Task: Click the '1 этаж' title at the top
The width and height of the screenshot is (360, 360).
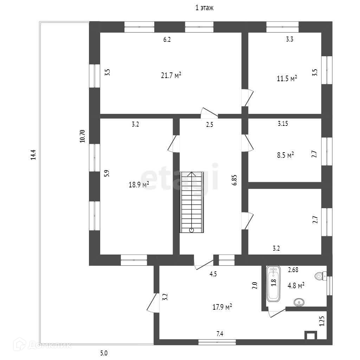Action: (x=204, y=8)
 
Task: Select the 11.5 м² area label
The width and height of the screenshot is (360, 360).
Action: (x=287, y=78)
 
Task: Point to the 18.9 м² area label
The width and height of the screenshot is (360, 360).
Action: (x=139, y=185)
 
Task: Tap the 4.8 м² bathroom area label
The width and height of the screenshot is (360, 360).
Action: (x=296, y=285)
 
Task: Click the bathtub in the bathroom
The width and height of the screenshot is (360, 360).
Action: (x=273, y=284)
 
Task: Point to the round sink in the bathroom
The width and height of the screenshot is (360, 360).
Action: (x=299, y=302)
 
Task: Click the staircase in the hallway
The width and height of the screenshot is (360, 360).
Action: (x=192, y=202)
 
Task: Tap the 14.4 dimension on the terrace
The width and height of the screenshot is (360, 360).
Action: (x=33, y=155)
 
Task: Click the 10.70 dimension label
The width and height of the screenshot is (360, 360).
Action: (x=82, y=136)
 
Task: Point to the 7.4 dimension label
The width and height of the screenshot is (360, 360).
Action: (x=220, y=334)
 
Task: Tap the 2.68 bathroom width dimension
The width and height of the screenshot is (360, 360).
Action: (x=293, y=270)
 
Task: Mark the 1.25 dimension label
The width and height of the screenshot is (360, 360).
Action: (x=321, y=321)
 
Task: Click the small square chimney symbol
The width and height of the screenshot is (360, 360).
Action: (x=310, y=335)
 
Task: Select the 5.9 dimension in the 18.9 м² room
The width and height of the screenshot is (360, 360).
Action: (x=107, y=173)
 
